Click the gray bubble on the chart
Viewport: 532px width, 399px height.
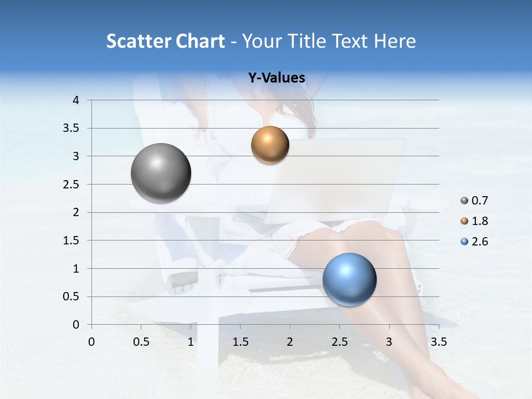point(161,173)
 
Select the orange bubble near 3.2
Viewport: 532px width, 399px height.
point(270,145)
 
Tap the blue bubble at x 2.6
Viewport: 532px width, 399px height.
point(349,279)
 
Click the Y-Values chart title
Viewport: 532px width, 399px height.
point(277,78)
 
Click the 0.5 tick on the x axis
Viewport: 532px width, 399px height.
point(141,342)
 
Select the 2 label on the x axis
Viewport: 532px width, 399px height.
point(290,342)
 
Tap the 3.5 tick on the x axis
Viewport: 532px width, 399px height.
point(438,342)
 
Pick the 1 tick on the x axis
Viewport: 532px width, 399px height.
point(191,342)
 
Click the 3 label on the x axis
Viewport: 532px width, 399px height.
point(389,342)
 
